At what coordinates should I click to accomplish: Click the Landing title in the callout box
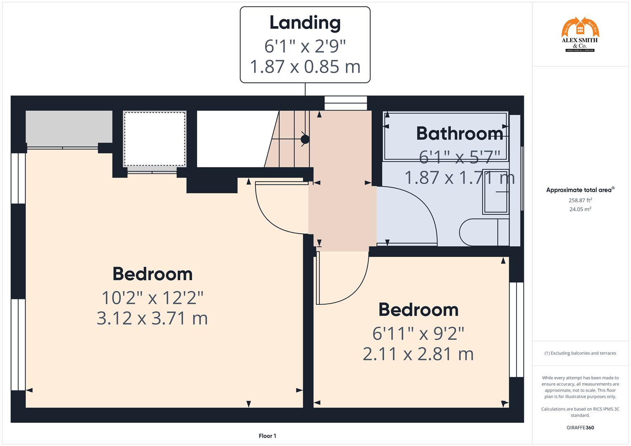point(305,23)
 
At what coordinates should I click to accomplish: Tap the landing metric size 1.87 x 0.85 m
point(305,67)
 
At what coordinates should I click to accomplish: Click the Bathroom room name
point(460,133)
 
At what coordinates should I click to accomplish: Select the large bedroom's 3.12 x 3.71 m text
point(152,318)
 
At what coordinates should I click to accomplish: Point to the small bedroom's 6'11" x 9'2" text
point(418,333)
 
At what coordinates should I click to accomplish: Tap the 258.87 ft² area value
point(580,200)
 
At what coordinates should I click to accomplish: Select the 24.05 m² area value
point(580,209)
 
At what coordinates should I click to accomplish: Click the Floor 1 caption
point(267,436)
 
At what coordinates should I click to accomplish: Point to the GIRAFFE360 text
point(580,427)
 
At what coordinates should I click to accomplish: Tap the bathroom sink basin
point(495,192)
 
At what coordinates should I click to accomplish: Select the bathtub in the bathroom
point(445,136)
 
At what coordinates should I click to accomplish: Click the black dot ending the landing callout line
point(305,140)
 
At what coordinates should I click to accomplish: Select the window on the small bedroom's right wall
point(516,330)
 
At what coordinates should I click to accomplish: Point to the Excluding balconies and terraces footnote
point(580,353)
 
